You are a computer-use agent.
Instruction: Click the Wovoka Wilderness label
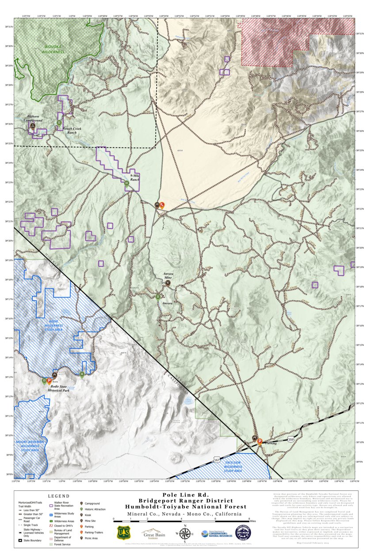tap(54, 49)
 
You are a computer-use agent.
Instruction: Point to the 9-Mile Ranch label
tap(135, 178)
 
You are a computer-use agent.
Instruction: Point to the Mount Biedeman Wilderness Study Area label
tap(30, 446)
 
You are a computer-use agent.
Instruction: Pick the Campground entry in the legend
tap(92, 503)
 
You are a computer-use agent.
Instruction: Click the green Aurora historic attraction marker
tap(158, 297)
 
